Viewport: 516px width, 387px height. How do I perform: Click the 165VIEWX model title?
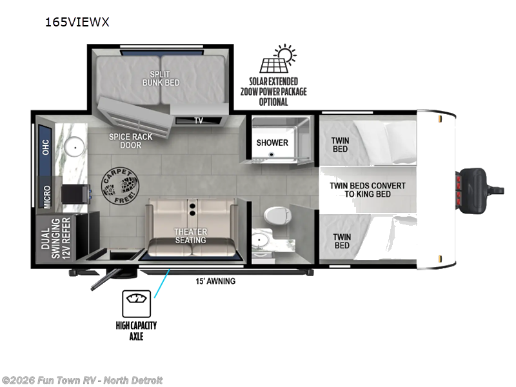tap(77, 22)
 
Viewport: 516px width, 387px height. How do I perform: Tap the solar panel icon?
tap(278, 59)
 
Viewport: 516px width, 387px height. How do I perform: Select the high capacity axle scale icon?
tap(136, 303)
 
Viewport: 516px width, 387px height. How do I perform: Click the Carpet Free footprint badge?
tap(120, 186)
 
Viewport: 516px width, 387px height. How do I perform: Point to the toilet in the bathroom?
tap(277, 215)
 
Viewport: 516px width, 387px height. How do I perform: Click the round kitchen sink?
tap(75, 147)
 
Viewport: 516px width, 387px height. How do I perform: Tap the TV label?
tap(199, 121)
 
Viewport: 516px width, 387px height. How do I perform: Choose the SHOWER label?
tap(272, 143)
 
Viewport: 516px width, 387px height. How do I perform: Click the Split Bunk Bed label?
tap(161, 78)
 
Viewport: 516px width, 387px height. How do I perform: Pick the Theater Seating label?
tap(190, 236)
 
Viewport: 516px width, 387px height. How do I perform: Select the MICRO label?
tap(47, 197)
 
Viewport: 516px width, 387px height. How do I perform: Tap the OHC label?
tap(46, 147)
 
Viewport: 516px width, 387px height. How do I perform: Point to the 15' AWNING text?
tap(215, 281)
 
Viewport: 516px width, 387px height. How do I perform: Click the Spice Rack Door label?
tap(131, 141)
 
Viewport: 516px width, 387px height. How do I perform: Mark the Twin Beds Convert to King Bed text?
tap(368, 190)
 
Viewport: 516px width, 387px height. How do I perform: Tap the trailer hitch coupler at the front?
tap(481, 190)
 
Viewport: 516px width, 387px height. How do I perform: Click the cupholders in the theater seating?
tap(192, 210)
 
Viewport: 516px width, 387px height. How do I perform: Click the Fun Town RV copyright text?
tap(82, 381)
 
